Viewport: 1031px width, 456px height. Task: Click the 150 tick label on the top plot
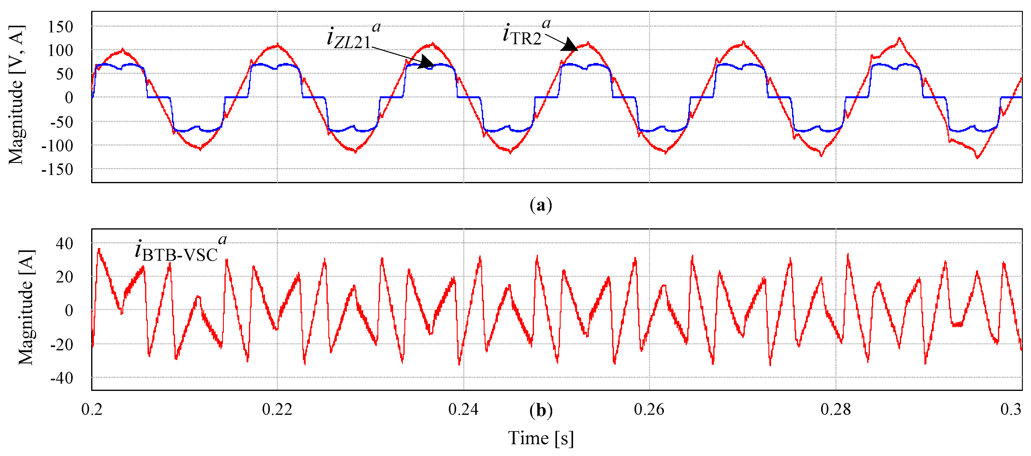[61, 27]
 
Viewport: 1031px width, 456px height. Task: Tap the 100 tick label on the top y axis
[61, 51]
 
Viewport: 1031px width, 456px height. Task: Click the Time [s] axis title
[541, 438]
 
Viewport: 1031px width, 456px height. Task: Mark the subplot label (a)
[541, 205]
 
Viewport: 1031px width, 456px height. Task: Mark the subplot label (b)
[541, 411]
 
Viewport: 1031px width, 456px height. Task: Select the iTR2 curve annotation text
[524, 34]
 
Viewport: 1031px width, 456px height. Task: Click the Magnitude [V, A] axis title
[16, 95]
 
